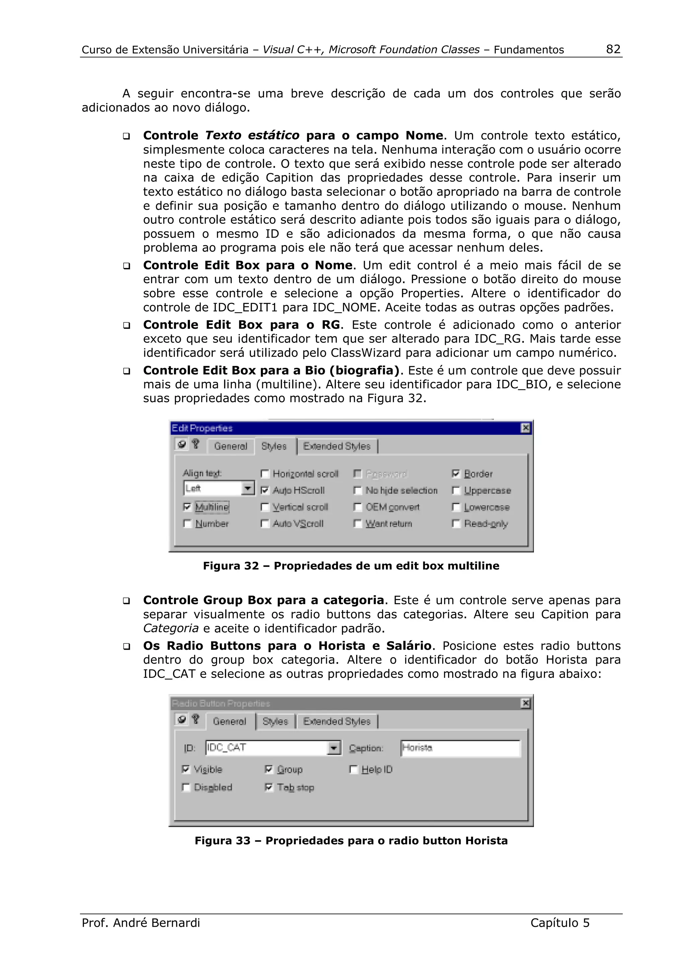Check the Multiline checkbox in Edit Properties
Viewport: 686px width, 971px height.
click(187, 507)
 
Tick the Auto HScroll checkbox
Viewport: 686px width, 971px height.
click(265, 490)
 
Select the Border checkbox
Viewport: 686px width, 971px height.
click(456, 474)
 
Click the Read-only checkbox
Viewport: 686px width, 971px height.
click(456, 524)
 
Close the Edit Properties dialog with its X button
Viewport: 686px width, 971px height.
click(525, 428)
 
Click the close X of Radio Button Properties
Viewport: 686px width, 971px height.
click(525, 703)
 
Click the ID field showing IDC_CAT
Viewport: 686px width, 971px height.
click(266, 748)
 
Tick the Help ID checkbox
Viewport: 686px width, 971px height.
click(354, 769)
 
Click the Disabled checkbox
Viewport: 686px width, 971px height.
click(186, 787)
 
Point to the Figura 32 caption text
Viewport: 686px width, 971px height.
click(351, 566)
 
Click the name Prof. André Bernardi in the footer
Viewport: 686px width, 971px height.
click(141, 923)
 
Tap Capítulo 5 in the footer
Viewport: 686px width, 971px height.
click(560, 923)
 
